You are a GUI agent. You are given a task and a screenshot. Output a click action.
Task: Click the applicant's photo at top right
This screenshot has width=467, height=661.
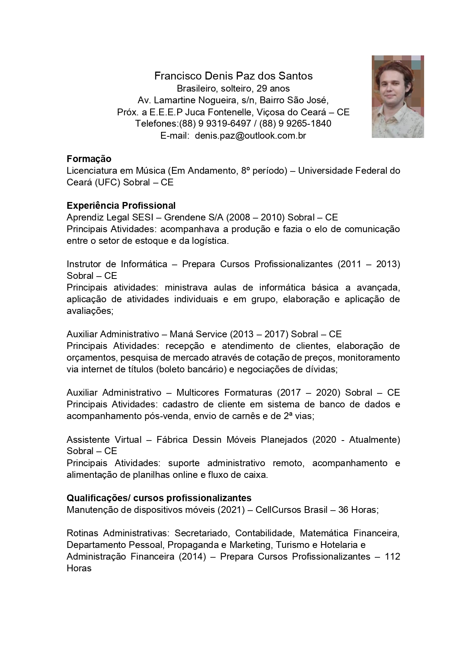pos(397,96)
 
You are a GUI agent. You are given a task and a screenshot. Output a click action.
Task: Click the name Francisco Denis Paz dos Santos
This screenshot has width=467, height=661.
pos(233,76)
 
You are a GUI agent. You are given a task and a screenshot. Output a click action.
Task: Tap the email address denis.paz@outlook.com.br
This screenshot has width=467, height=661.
pos(250,136)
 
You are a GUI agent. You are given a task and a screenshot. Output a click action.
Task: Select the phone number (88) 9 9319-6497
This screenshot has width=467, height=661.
pos(215,124)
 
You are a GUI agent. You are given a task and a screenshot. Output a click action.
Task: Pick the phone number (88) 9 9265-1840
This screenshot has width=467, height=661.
pos(295,124)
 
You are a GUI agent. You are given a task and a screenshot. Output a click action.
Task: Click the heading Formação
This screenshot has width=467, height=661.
pos(89,159)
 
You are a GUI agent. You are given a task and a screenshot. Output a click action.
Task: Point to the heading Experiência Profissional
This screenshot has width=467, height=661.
pos(121,206)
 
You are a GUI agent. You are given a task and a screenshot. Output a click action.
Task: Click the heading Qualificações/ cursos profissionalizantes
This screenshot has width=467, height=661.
pos(159,498)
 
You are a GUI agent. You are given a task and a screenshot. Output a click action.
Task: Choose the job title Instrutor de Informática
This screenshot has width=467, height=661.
pos(117,264)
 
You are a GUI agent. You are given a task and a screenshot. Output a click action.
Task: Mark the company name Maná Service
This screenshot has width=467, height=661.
pos(198,334)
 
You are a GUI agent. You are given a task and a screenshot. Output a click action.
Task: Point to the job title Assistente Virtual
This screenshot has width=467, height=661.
pos(104,440)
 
